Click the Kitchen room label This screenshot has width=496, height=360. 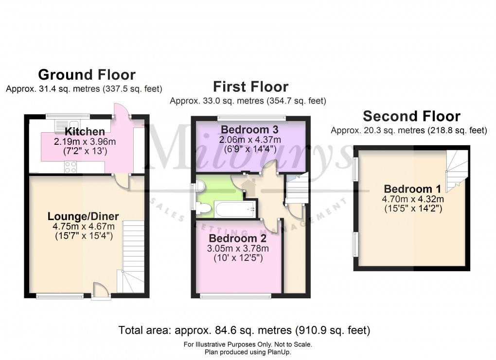(x=85, y=132)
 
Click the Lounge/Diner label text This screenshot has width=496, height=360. (x=83, y=216)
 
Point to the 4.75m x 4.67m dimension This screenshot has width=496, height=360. (x=83, y=226)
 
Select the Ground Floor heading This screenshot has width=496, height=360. (x=87, y=75)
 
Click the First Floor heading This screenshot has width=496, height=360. (x=250, y=87)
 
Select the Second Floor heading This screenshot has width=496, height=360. (x=411, y=117)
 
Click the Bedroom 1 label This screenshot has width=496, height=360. (x=407, y=189)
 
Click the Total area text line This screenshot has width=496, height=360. (x=245, y=331)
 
